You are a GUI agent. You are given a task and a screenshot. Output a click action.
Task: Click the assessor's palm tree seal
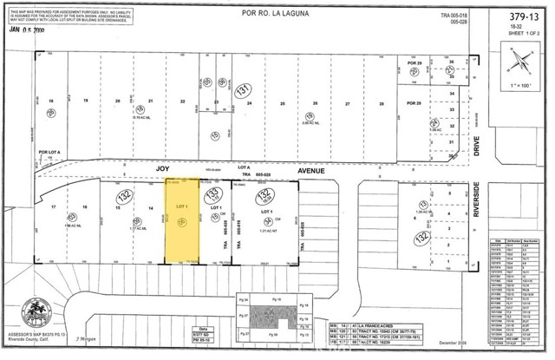pos(36,311)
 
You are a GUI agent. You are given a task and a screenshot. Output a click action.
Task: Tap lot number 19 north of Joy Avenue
pos(85,101)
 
